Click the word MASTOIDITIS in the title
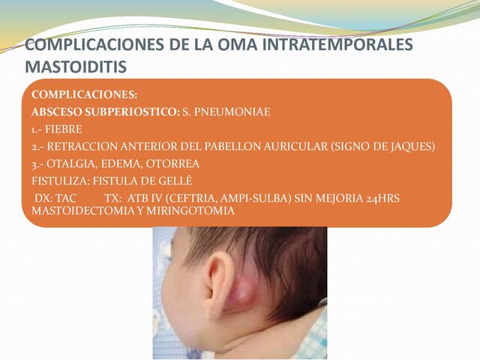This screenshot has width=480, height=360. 76,67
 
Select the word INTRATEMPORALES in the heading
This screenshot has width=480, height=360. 346,45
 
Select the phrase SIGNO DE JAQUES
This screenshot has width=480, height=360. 382,146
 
